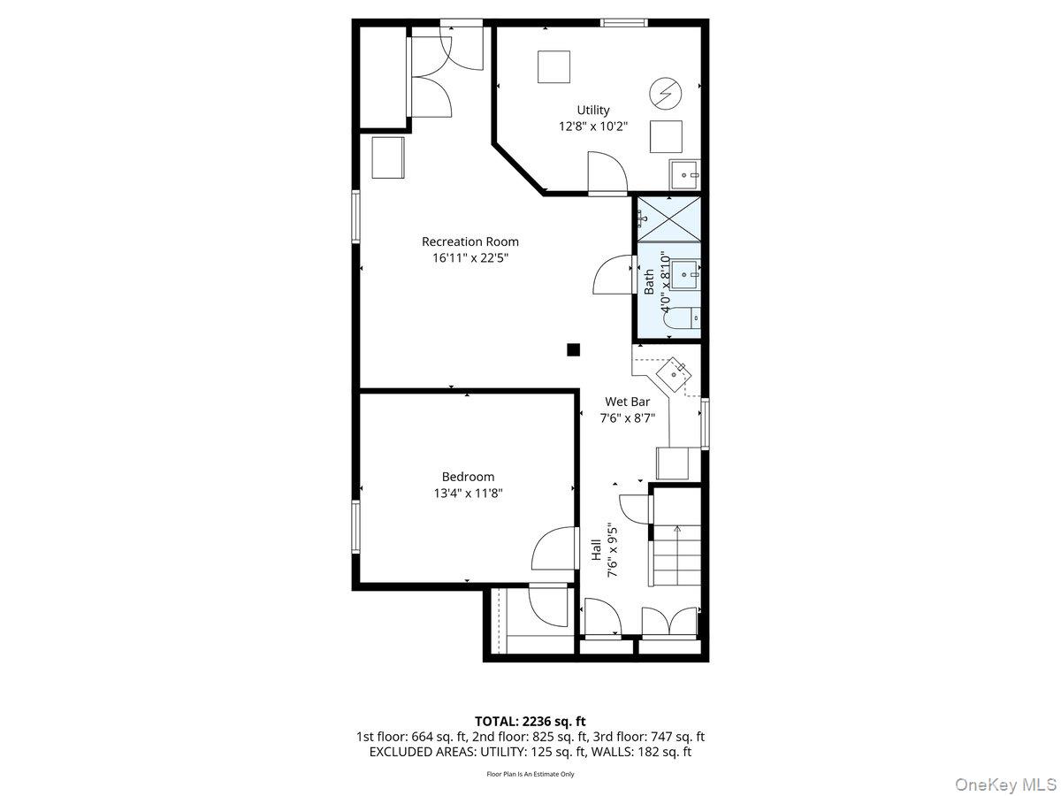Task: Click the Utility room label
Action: (593, 111)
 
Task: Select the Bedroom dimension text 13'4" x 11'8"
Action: (469, 494)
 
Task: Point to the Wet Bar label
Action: (627, 402)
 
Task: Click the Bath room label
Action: (650, 282)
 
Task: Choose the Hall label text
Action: (597, 549)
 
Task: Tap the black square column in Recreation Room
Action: (573, 349)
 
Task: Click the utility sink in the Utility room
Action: (684, 175)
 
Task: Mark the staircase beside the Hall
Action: (677, 554)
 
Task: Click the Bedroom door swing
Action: (553, 551)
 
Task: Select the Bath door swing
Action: (614, 275)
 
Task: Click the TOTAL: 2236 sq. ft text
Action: (530, 721)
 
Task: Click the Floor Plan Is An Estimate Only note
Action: (530, 774)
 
